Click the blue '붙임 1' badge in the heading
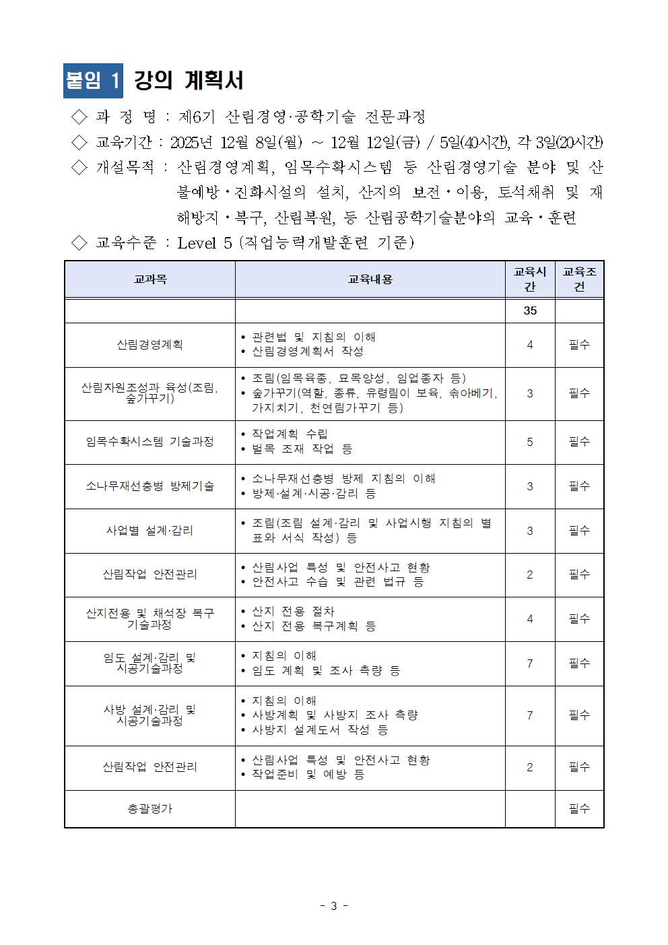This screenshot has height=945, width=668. click(x=93, y=81)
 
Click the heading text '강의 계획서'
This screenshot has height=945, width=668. click(x=189, y=81)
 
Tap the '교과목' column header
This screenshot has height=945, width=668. click(x=149, y=279)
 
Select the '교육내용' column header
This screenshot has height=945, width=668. click(x=370, y=279)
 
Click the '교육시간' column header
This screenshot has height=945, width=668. click(x=529, y=279)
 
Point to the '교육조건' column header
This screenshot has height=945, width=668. click(x=579, y=279)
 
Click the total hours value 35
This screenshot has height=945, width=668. click(x=529, y=311)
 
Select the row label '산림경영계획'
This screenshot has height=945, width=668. click(x=149, y=345)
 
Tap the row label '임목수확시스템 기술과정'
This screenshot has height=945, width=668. click(x=149, y=442)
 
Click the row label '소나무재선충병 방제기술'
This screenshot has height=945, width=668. click(x=149, y=486)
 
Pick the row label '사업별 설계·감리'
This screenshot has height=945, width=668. click(x=149, y=531)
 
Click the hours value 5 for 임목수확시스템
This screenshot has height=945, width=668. click(x=529, y=442)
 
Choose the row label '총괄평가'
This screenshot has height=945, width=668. click(x=149, y=808)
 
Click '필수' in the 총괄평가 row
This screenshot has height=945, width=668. click(x=579, y=808)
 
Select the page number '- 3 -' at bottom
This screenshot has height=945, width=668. click(x=333, y=906)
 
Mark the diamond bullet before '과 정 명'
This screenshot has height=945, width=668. click(x=79, y=117)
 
